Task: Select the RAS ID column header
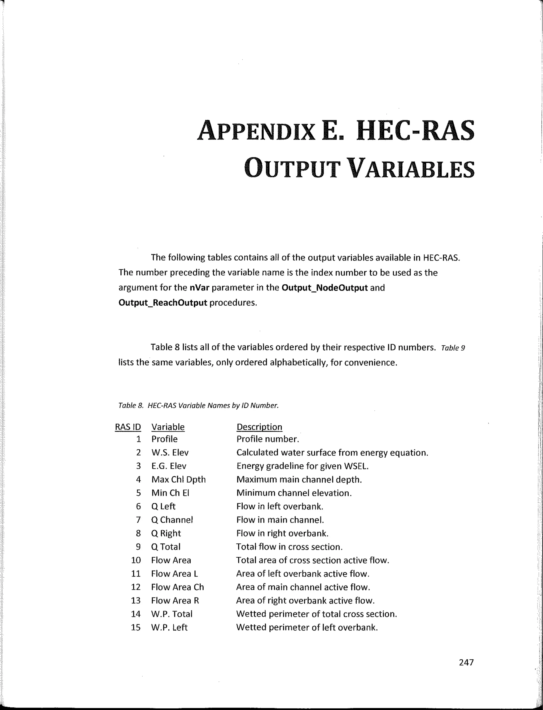click(x=128, y=427)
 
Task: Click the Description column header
click(x=259, y=427)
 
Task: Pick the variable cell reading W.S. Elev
click(x=170, y=453)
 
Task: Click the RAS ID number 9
click(x=138, y=547)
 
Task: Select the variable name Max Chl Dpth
click(x=178, y=479)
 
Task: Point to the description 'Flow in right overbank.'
click(x=282, y=533)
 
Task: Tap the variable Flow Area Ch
click(x=177, y=587)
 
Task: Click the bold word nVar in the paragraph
click(x=199, y=288)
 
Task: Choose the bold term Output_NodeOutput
click(x=325, y=288)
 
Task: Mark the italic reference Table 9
click(x=453, y=348)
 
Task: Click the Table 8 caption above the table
click(x=198, y=405)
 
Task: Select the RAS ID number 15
click(x=136, y=627)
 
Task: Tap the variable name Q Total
click(x=166, y=547)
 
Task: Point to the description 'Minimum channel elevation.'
click(x=294, y=493)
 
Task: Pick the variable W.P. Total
click(x=172, y=614)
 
